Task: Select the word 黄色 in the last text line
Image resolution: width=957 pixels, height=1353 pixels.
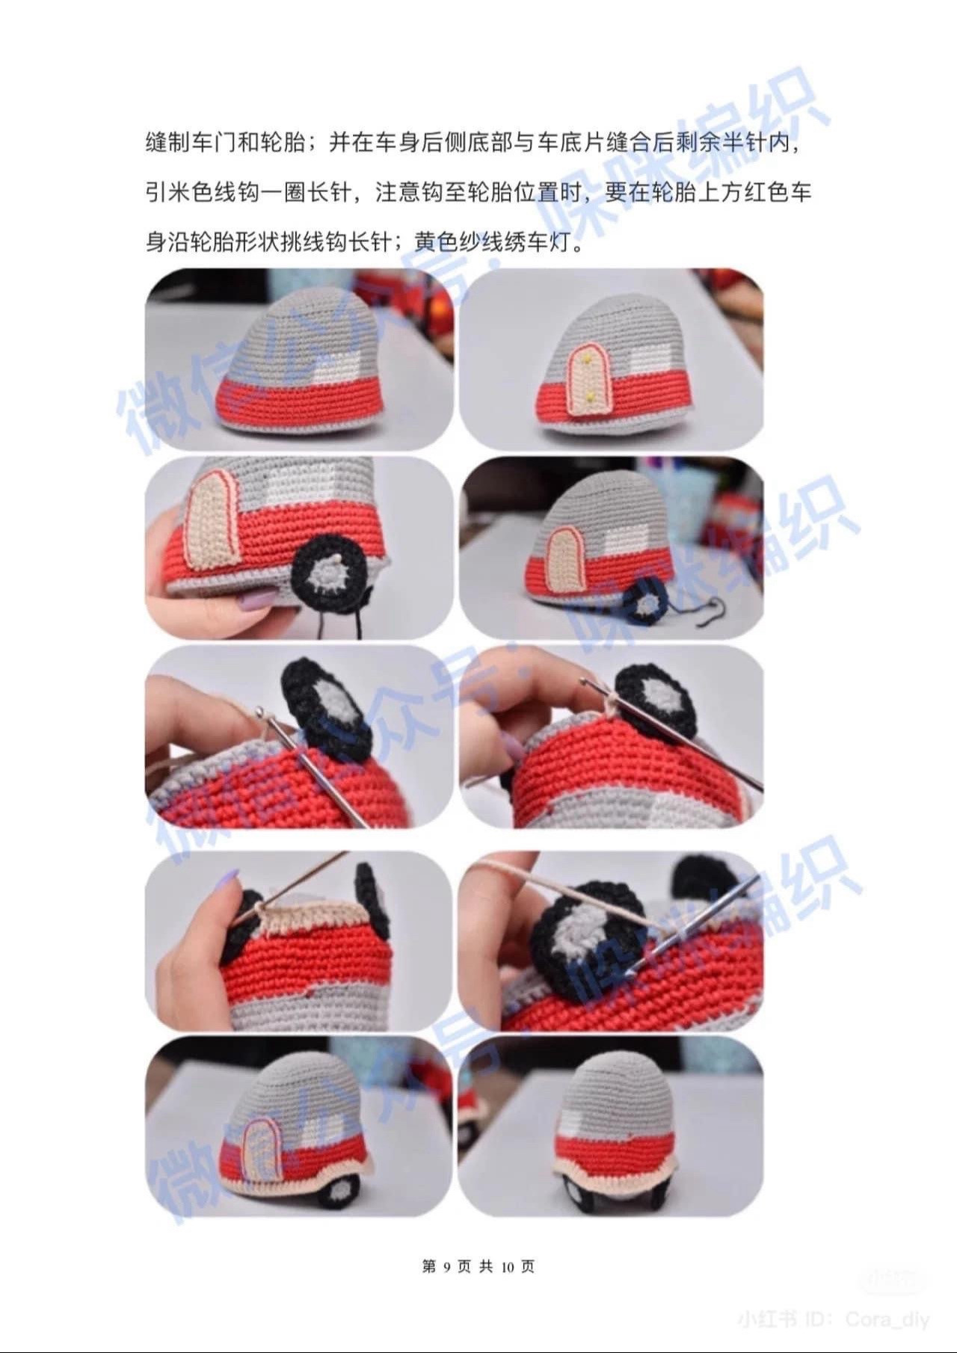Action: [438, 243]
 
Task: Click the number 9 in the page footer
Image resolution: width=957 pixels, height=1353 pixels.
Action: [446, 1267]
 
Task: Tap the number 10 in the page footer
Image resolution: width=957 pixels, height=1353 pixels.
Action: [508, 1267]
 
